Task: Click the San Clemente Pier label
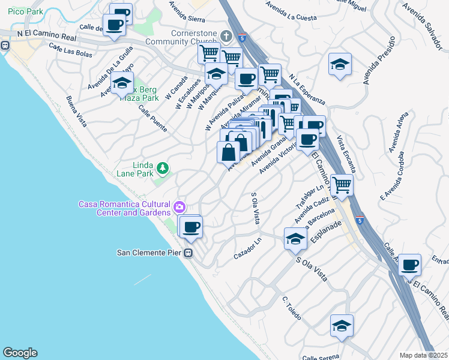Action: pos(149,253)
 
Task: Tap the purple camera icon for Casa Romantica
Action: pos(179,208)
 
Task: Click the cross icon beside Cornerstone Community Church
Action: pos(226,35)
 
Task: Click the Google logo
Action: pos(20,353)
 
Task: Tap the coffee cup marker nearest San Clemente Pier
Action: pos(191,227)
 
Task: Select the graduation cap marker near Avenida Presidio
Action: pos(340,64)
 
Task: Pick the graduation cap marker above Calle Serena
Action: pos(342,326)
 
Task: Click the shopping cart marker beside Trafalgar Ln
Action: pos(342,185)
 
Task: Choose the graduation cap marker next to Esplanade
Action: pos(295,239)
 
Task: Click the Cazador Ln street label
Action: pos(249,248)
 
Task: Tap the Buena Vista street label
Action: pos(77,112)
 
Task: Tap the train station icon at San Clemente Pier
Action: pos(188,253)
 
